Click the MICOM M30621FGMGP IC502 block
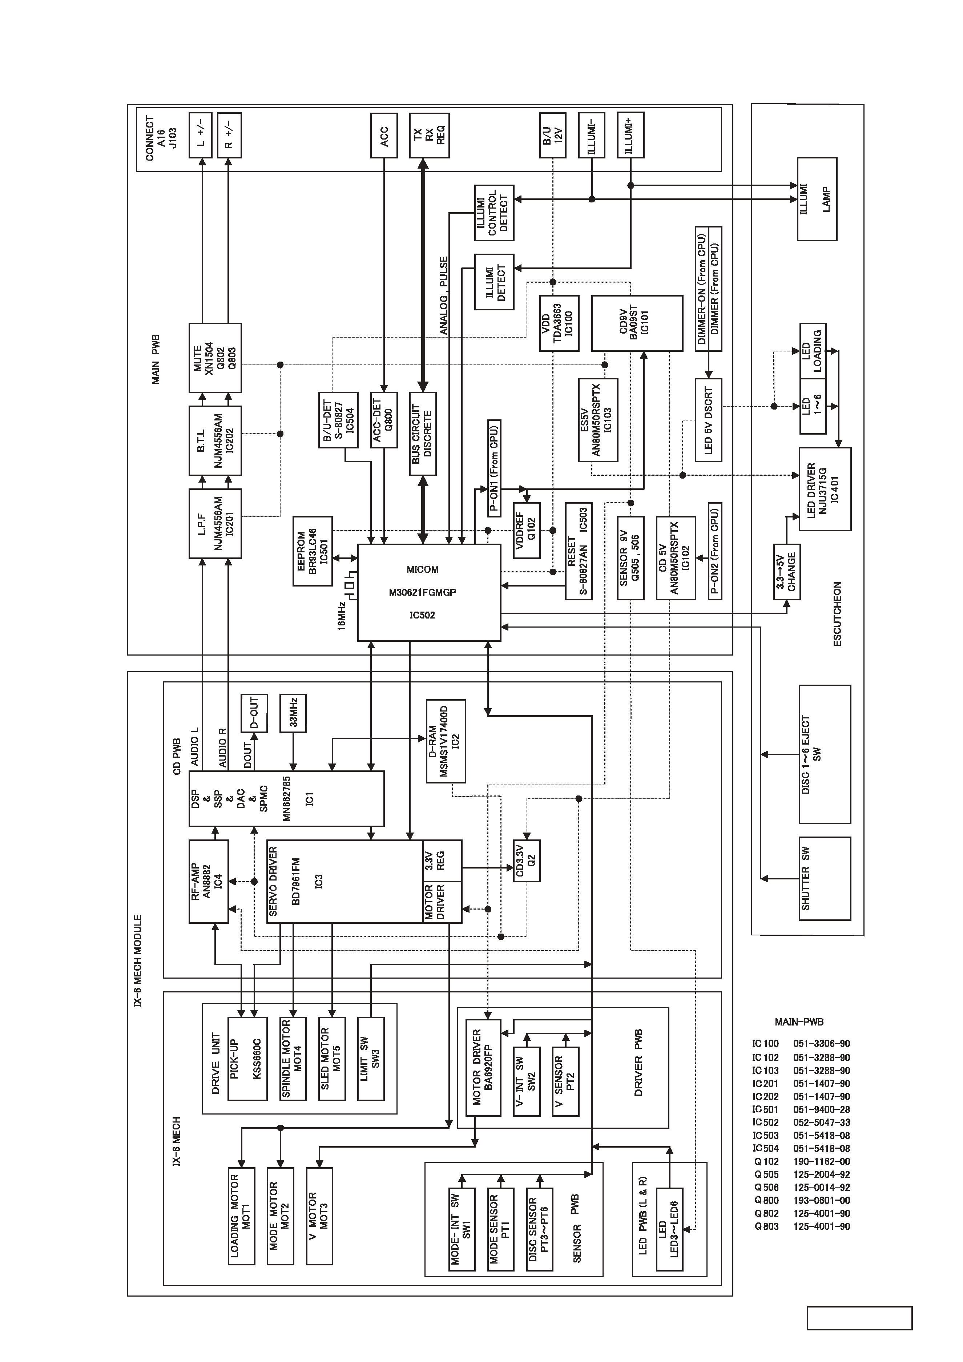tap(429, 592)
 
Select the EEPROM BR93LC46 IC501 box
tap(313, 551)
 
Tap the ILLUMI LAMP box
tap(817, 199)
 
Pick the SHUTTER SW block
tap(825, 879)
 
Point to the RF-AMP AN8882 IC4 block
tap(208, 882)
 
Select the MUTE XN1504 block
tap(215, 358)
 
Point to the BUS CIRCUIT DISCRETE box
tap(423, 434)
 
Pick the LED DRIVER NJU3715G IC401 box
tap(825, 489)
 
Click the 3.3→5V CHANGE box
tap(787, 572)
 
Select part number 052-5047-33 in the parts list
tap(821, 1123)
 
